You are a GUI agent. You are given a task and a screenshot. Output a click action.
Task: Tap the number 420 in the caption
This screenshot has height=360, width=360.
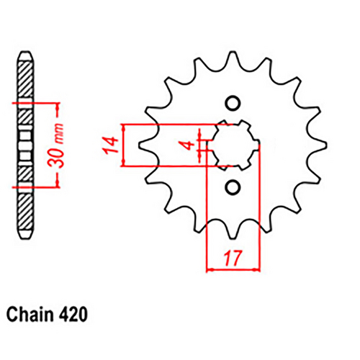pos(74,315)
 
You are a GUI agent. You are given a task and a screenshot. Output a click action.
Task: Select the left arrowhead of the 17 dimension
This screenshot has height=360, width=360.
pos(210,271)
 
